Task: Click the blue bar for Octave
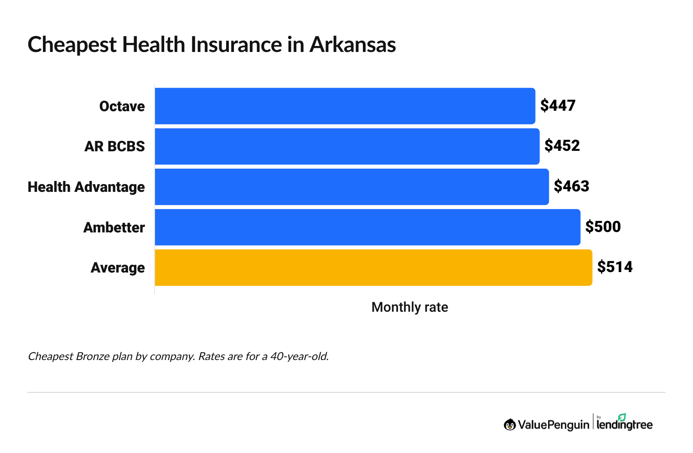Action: click(x=345, y=106)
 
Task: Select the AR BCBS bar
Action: click(x=347, y=146)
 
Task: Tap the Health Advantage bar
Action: click(x=352, y=187)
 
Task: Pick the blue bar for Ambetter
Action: click(x=367, y=227)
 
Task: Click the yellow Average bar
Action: click(x=373, y=268)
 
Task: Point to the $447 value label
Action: click(x=558, y=106)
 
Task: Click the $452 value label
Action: click(x=562, y=146)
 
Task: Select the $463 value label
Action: click(x=571, y=186)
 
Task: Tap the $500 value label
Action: click(x=603, y=227)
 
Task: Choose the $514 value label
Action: click(x=615, y=267)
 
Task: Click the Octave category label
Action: click(x=122, y=106)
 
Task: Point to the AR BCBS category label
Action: click(x=114, y=146)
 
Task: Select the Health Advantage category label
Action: click(x=86, y=187)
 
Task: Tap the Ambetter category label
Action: click(x=114, y=227)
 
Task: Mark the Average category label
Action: click(x=118, y=268)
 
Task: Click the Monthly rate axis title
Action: click(x=409, y=307)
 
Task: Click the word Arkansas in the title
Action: click(x=352, y=45)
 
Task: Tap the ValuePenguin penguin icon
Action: click(x=510, y=425)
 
